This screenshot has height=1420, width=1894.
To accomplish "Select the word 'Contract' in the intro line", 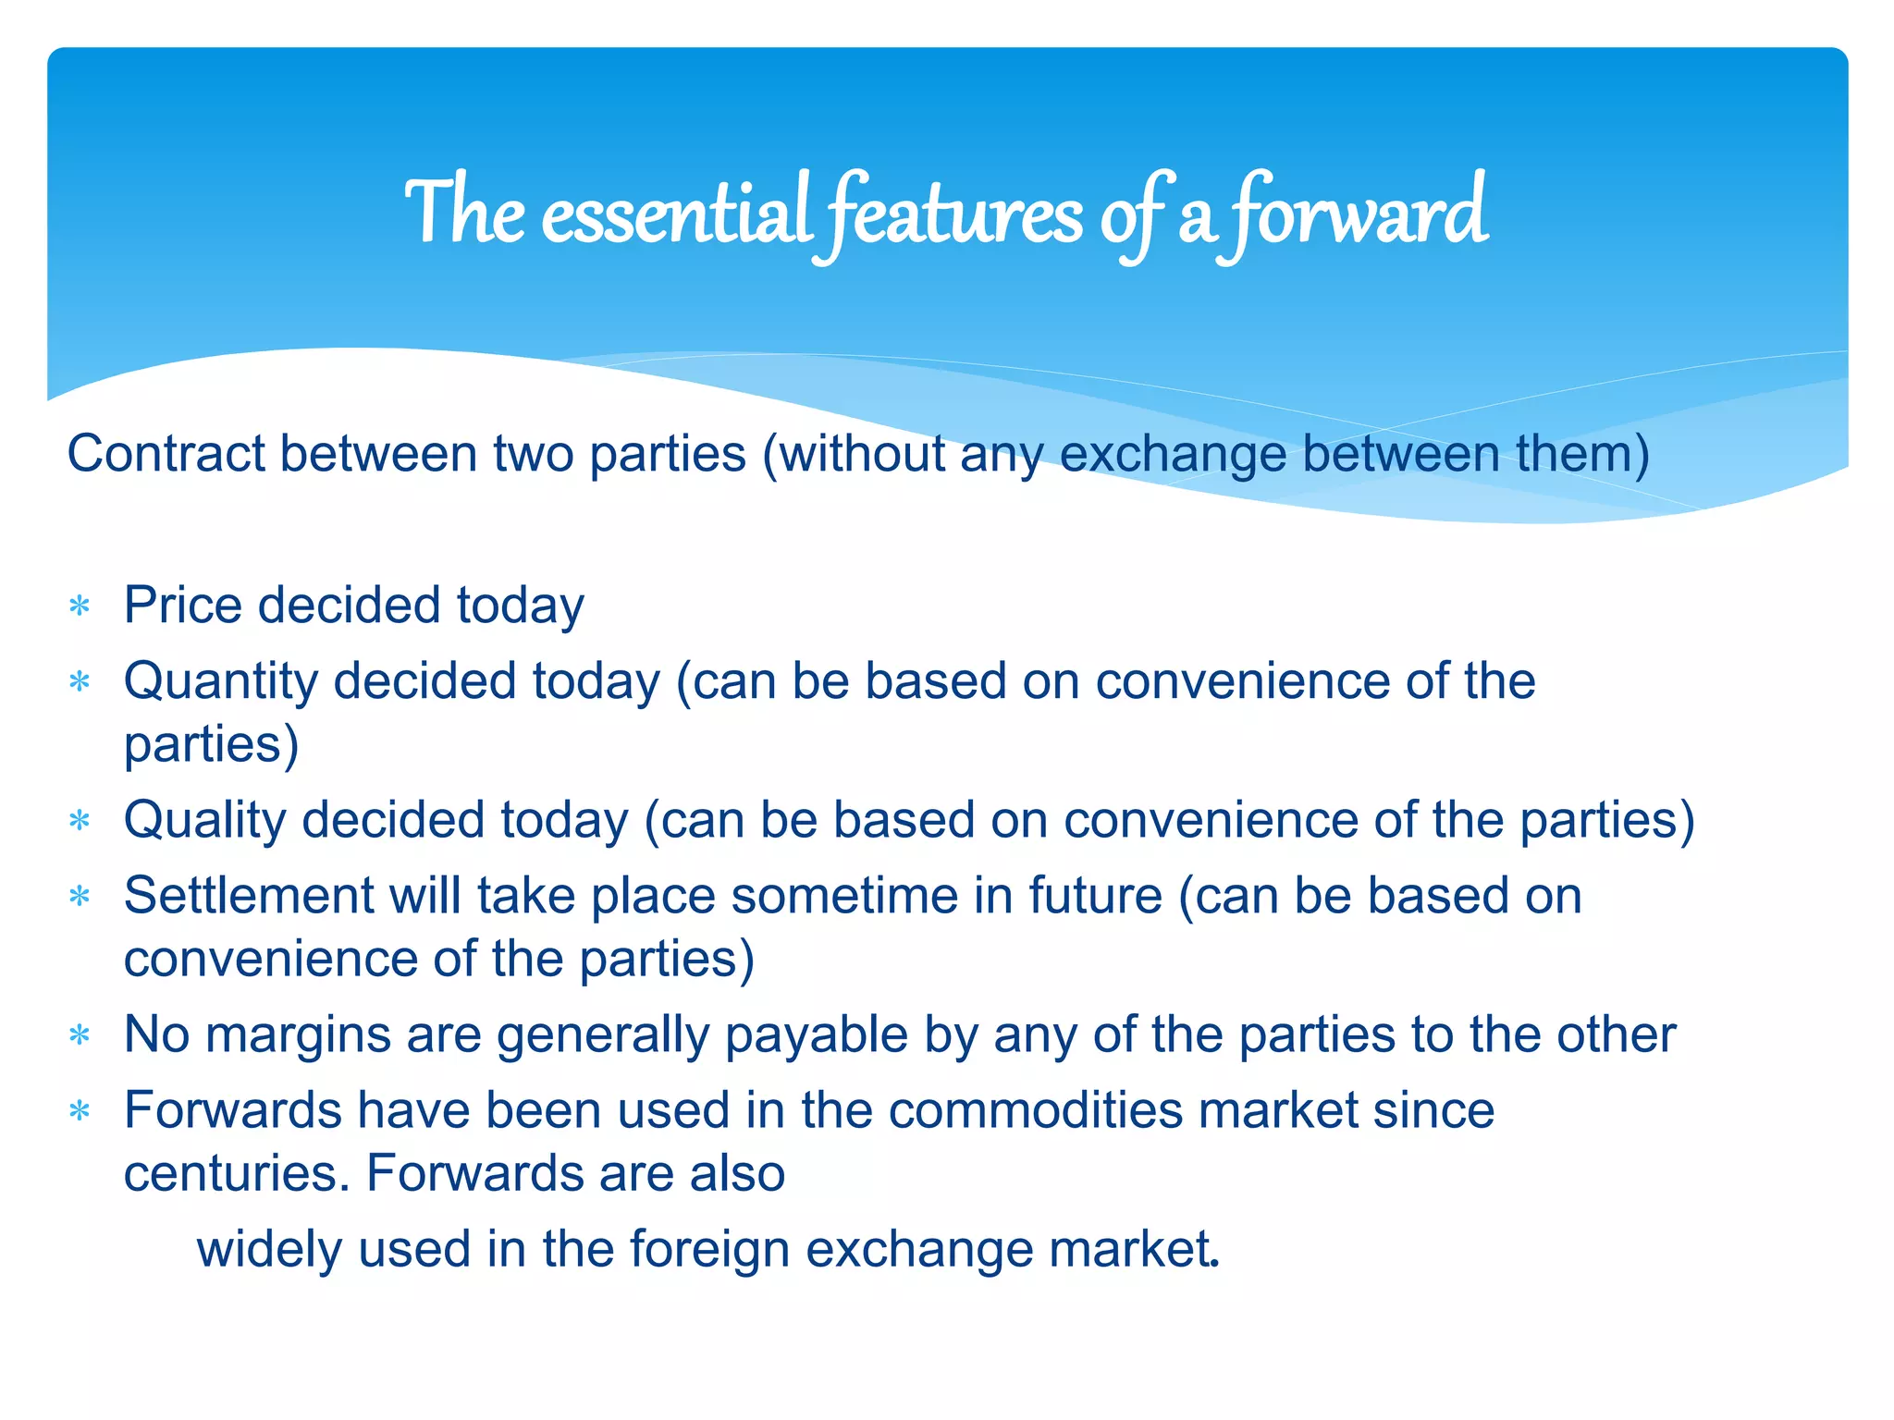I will pos(166,454).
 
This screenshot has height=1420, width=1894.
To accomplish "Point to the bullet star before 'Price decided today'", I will pos(80,607).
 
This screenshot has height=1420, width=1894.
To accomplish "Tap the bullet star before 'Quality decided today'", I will pos(80,821).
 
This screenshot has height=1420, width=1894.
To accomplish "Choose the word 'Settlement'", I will pos(247,896).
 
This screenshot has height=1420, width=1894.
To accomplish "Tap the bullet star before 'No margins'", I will pos(80,1035).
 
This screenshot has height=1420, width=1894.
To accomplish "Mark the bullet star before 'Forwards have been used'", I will pos(80,1111).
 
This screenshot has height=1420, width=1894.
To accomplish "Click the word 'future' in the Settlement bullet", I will pos(1095,896).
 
